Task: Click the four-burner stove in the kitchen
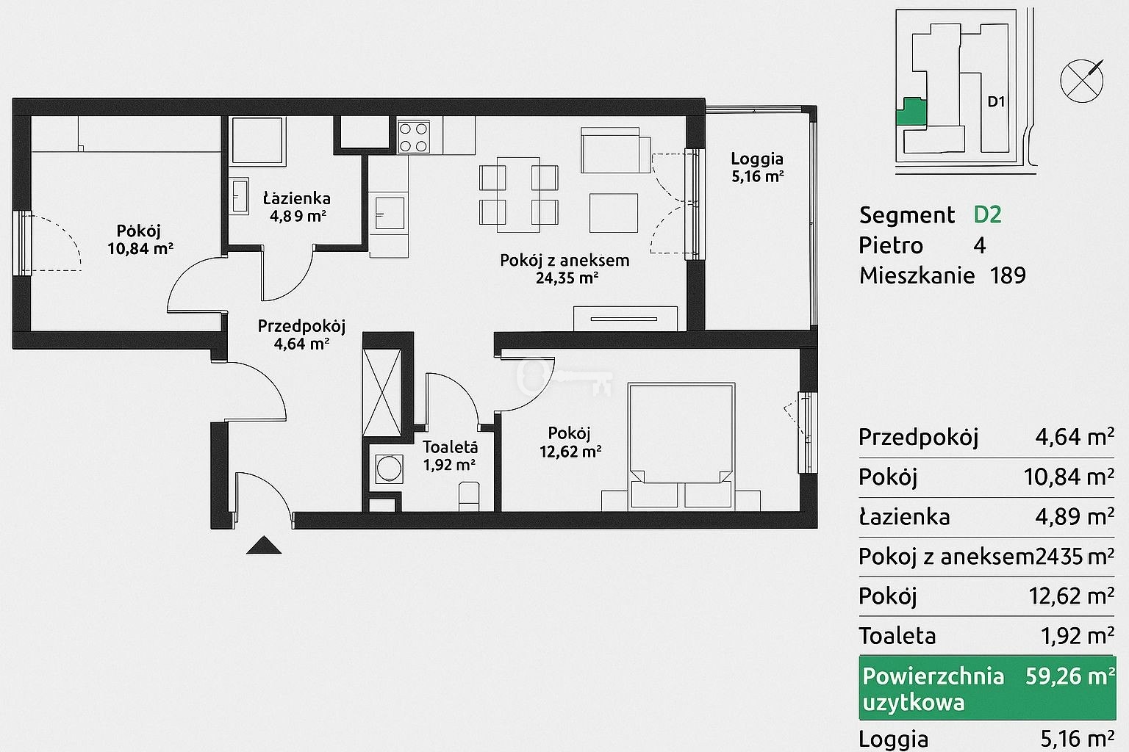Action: (x=414, y=137)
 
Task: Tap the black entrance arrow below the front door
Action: (x=264, y=545)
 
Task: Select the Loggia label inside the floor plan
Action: (x=757, y=159)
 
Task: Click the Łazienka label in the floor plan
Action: (x=297, y=198)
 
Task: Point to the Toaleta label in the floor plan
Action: (x=450, y=446)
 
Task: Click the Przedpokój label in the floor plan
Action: (x=301, y=326)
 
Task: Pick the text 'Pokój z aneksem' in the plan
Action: (x=564, y=261)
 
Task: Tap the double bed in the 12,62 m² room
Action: (x=681, y=446)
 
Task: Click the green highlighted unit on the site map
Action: (x=911, y=112)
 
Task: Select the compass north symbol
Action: (x=1082, y=81)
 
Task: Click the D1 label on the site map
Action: (x=996, y=102)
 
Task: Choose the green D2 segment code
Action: (x=987, y=214)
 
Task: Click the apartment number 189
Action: (x=1008, y=275)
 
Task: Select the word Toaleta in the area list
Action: (x=897, y=636)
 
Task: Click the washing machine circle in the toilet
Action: (x=389, y=469)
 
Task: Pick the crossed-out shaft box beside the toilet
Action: (x=382, y=392)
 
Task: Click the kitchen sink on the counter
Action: (x=388, y=212)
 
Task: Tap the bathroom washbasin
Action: (x=240, y=196)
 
